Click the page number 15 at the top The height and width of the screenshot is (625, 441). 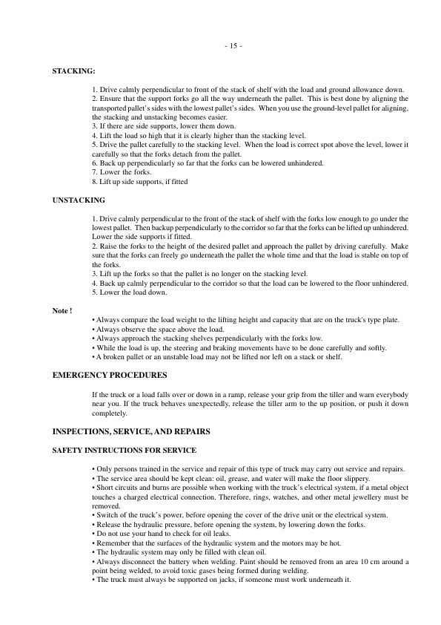[x=233, y=46]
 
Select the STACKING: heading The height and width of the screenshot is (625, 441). [x=73, y=71]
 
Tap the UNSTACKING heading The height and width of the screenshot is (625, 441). [x=79, y=200]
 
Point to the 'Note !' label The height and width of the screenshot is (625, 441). [x=62, y=310]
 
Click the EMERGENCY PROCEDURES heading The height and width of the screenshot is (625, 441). [x=110, y=375]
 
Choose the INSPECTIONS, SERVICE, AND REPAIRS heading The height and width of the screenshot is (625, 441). [x=131, y=431]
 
